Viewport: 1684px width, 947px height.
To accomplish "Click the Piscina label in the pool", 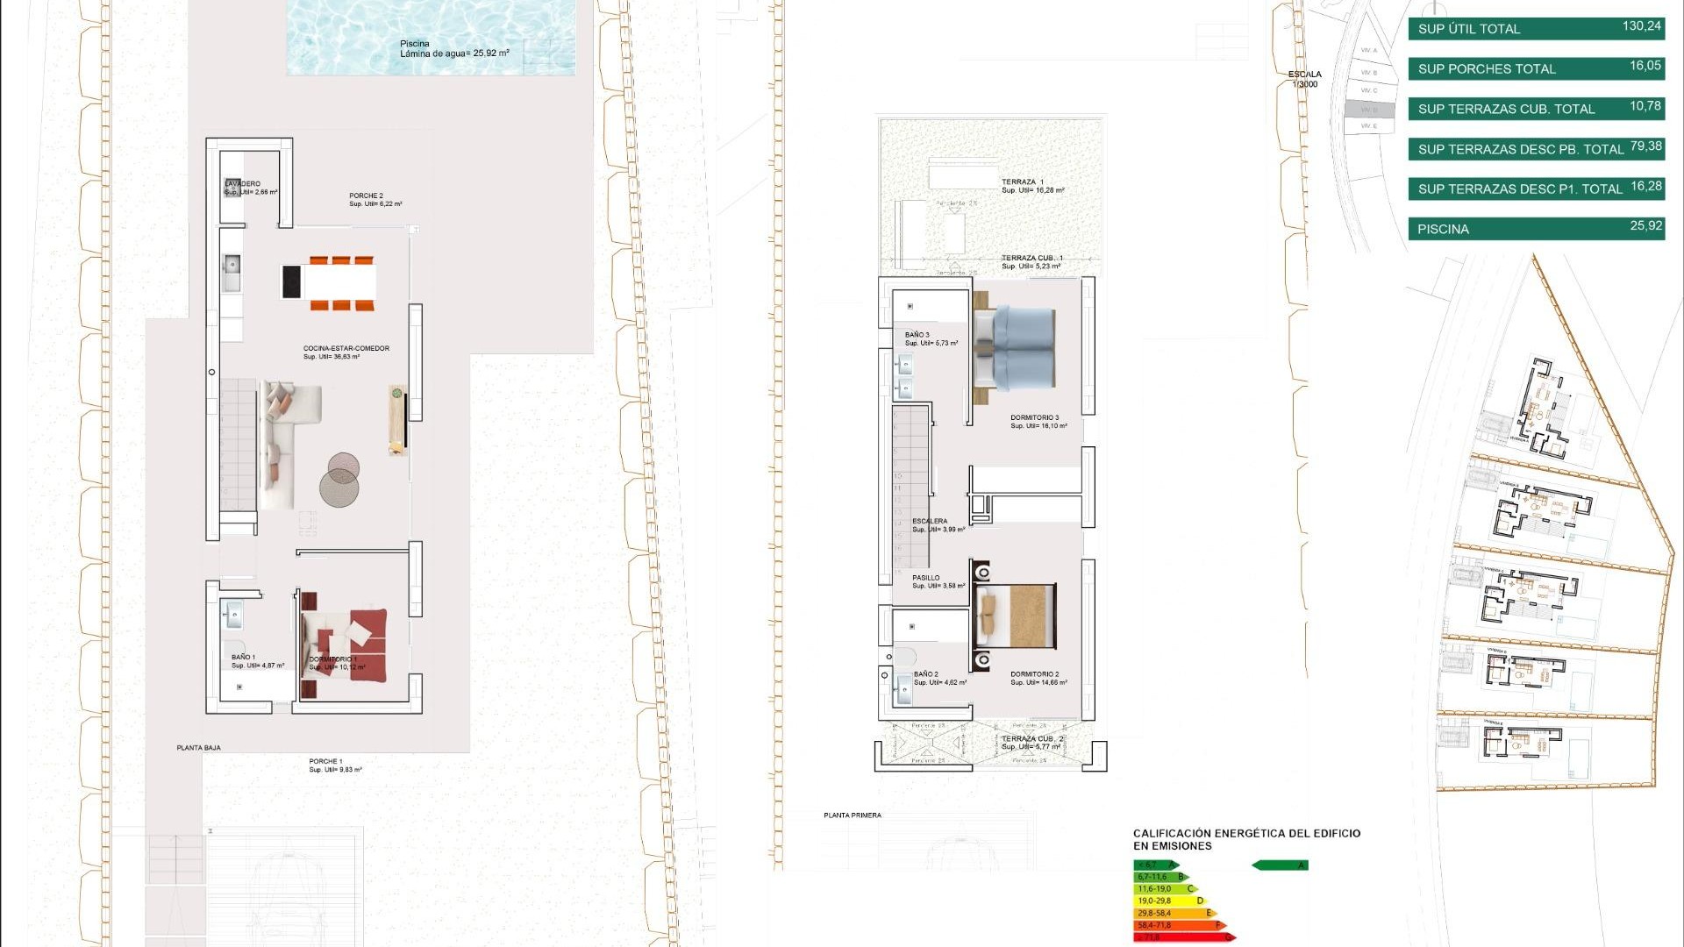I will pyautogui.click(x=416, y=44).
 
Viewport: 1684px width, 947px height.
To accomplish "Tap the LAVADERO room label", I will pyautogui.click(x=243, y=184).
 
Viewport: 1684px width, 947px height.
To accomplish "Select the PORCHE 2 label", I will pyautogui.click(x=367, y=196).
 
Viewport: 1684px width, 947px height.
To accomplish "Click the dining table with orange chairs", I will pyautogui.click(x=340, y=282).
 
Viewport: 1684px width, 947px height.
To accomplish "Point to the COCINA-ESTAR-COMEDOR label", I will pyautogui.click(x=346, y=349).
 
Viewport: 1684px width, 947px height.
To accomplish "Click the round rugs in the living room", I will pyautogui.click(x=340, y=480).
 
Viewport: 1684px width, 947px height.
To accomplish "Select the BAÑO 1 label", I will pyautogui.click(x=244, y=657).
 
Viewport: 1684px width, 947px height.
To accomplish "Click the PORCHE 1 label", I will pyautogui.click(x=325, y=762).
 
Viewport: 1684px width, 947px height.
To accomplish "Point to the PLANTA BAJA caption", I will pyautogui.click(x=199, y=748).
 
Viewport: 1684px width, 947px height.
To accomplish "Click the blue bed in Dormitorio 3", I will pyautogui.click(x=1017, y=348).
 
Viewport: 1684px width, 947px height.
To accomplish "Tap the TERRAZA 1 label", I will pyautogui.click(x=1023, y=182).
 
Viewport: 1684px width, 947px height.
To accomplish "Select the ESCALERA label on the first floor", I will pyautogui.click(x=930, y=521).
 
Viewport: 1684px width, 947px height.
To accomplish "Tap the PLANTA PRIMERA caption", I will pyautogui.click(x=853, y=815).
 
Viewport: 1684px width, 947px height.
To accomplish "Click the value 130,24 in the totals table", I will pyautogui.click(x=1641, y=26).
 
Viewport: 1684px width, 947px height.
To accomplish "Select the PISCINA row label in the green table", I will pyautogui.click(x=1444, y=230).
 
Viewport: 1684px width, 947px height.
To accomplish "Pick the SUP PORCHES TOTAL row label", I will pyautogui.click(x=1487, y=69).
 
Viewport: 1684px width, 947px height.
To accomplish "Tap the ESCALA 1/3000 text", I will pyautogui.click(x=1305, y=79).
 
